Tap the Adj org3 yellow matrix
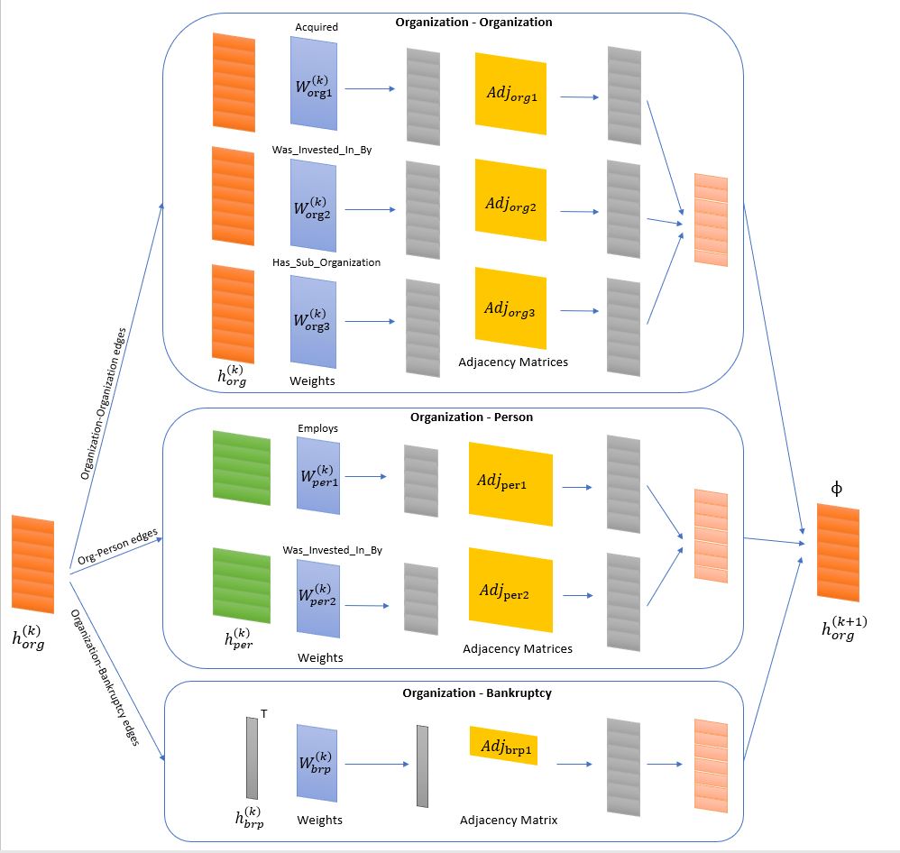pyautogui.click(x=510, y=308)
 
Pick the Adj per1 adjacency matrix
pyautogui.click(x=509, y=483)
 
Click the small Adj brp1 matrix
pyautogui.click(x=503, y=746)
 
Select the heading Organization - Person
pyautogui.click(x=472, y=417)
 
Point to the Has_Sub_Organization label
pyautogui.click(x=326, y=262)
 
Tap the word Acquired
pyautogui.click(x=317, y=27)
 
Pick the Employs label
pyautogui.click(x=317, y=428)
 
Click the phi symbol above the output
pyautogui.click(x=837, y=488)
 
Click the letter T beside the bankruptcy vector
pyautogui.click(x=263, y=714)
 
